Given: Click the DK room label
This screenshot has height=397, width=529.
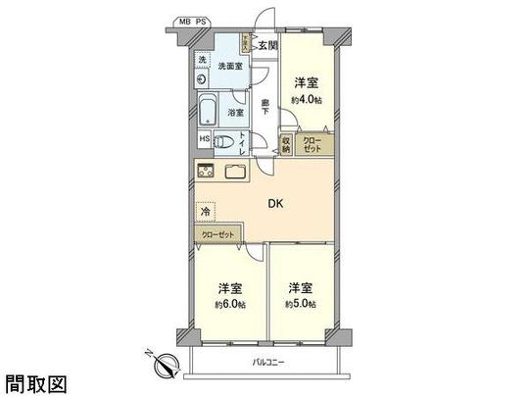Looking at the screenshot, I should tap(277, 205).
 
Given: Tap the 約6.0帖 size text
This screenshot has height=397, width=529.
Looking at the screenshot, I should tap(229, 305).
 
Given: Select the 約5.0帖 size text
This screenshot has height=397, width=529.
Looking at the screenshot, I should tap(299, 305).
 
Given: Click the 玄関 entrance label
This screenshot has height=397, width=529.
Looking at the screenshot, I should tap(269, 45).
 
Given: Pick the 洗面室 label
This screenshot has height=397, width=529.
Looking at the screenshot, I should tap(231, 66).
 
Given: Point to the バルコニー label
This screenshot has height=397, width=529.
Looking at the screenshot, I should tap(267, 364).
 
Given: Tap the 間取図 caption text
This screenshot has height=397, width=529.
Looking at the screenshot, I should tap(36, 383).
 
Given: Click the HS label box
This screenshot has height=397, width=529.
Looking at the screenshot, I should tap(204, 138).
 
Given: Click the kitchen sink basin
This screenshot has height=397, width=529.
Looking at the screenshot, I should tap(238, 172).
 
